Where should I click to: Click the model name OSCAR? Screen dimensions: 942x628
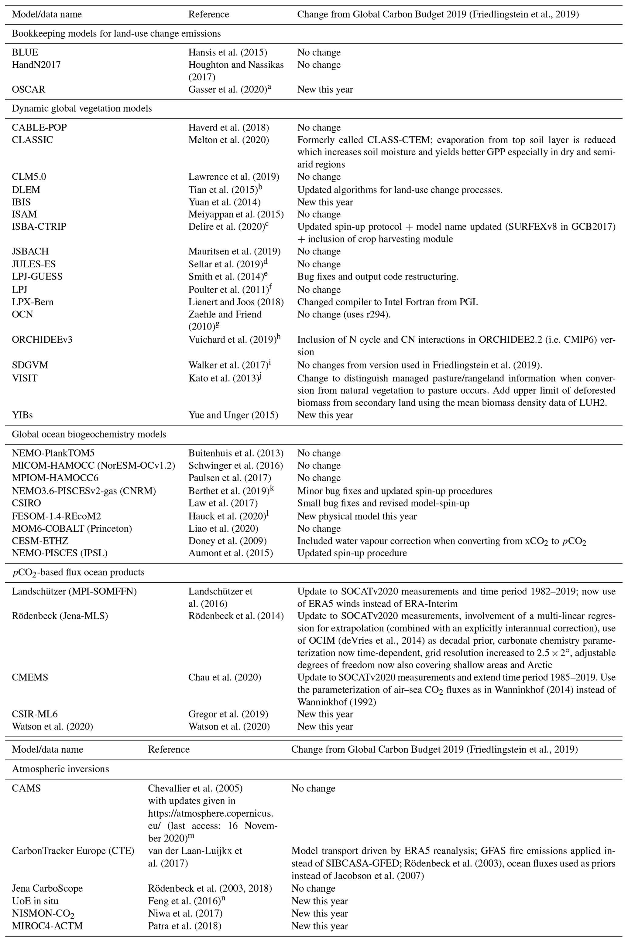(29, 90)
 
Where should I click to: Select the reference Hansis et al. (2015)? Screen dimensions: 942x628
(228, 53)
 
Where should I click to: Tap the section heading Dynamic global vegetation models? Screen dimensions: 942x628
(82, 108)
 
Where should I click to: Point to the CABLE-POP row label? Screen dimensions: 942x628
(39, 127)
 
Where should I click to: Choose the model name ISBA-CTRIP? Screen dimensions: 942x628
(39, 226)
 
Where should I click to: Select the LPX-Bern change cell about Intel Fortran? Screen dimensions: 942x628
(387, 302)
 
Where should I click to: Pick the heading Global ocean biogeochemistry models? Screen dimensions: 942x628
(89, 434)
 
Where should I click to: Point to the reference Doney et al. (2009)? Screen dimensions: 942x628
(228, 541)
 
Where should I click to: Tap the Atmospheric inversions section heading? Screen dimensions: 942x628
(60, 769)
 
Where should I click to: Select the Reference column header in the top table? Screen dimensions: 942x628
(209, 14)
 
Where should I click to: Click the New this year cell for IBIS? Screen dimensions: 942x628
(325, 202)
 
